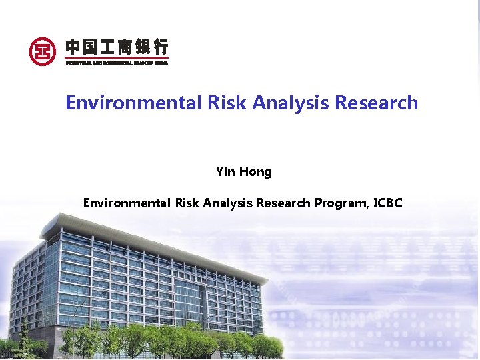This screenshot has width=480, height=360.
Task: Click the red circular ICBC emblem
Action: [x=43, y=51]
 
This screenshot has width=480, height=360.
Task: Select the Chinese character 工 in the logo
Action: [x=109, y=47]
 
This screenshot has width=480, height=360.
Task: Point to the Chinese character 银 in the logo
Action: [x=143, y=47]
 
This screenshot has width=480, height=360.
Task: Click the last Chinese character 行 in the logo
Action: [x=161, y=47]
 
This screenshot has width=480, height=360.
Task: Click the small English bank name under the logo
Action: [x=117, y=63]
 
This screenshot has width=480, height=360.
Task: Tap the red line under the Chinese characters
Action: [x=117, y=58]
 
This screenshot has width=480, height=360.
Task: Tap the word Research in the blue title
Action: [x=376, y=103]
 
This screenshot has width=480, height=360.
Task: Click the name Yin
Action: [x=226, y=172]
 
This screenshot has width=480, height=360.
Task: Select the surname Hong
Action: [x=255, y=172]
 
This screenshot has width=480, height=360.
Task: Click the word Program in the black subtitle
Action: [x=338, y=203]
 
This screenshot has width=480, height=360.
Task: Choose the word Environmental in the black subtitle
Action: [x=127, y=203]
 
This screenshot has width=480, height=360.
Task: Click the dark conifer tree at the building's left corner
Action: [x=25, y=337]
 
